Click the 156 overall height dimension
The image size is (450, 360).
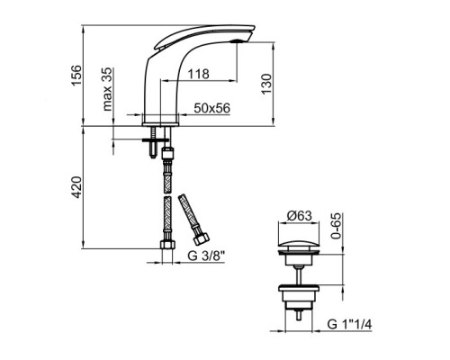click(x=76, y=75)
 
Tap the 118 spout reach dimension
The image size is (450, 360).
click(x=198, y=74)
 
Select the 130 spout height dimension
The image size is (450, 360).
click(x=266, y=84)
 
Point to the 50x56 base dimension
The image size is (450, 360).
click(x=211, y=108)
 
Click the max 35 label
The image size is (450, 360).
click(x=107, y=89)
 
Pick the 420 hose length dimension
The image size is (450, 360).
click(x=76, y=187)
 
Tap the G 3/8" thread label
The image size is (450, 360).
click(x=206, y=256)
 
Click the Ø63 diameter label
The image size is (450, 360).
click(x=299, y=216)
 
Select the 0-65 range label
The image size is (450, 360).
click(x=336, y=226)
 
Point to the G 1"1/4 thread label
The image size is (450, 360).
click(x=349, y=324)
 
